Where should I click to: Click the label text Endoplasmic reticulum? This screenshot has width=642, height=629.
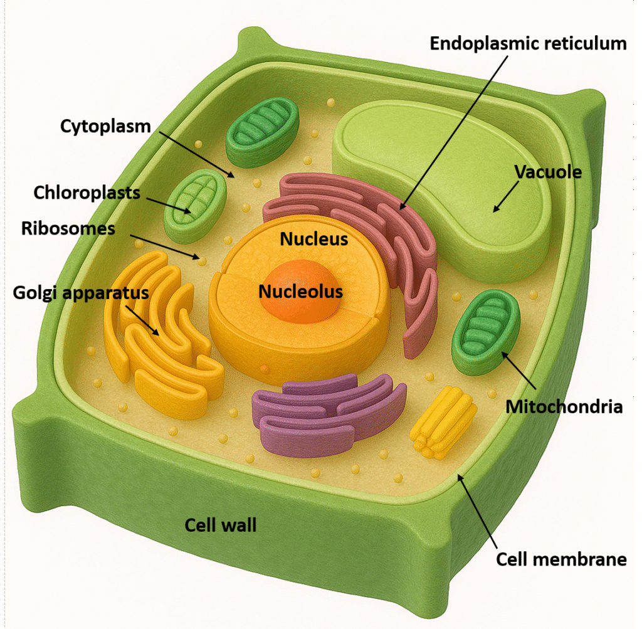click(x=528, y=43)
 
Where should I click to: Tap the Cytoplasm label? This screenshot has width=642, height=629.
click(x=105, y=126)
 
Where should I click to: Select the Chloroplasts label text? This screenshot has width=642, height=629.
click(x=87, y=192)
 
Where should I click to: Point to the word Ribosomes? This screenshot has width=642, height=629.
click(x=68, y=228)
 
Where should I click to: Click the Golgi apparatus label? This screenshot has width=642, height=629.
click(x=81, y=292)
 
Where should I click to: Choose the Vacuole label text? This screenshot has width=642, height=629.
click(x=547, y=171)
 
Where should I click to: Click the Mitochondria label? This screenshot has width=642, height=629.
click(x=564, y=406)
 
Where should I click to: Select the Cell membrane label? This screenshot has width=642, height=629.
click(x=561, y=559)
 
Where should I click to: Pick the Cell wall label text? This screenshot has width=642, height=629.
click(x=221, y=524)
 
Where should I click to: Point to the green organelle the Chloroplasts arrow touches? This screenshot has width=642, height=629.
click(x=194, y=204)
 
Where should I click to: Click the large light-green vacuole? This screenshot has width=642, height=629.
click(x=451, y=182)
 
